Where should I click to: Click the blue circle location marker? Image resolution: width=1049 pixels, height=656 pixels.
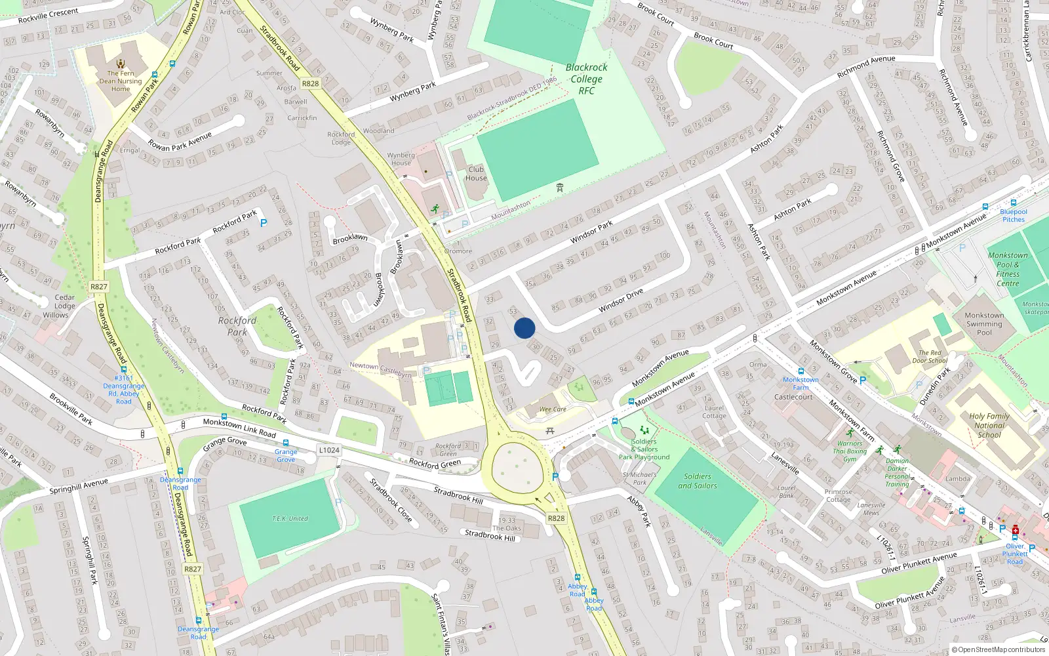pos(524,328)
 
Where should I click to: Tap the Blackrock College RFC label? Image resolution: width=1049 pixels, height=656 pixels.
pos(586,79)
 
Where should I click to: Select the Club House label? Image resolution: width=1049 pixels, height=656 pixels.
pos(476,174)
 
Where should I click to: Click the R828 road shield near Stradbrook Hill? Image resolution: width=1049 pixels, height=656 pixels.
pos(556,518)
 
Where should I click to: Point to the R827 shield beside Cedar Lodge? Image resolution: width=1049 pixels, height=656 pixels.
pos(98,287)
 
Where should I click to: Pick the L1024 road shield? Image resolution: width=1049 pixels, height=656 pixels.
pos(329,450)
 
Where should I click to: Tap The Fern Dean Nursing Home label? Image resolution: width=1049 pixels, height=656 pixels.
pos(121,81)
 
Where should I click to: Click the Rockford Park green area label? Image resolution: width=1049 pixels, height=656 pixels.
pos(237,326)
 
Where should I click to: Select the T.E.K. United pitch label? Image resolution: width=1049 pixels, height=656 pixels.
pos(290,518)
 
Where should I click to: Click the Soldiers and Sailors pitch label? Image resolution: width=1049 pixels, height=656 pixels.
pos(697,481)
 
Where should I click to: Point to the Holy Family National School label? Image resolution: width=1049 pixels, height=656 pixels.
pos(989,425)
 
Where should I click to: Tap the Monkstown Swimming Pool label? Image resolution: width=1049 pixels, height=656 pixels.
pos(984,324)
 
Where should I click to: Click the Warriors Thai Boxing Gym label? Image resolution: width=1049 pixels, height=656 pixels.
pos(850,451)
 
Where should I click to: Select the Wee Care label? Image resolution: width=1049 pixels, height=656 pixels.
pos(552,409)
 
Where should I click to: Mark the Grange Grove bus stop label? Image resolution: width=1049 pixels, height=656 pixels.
pos(286,455)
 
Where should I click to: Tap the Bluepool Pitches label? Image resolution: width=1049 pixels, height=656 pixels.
pos(1014,216)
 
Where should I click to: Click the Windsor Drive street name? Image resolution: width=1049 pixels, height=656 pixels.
pos(620,300)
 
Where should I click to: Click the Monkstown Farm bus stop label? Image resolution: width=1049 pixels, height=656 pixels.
pos(801,383)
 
